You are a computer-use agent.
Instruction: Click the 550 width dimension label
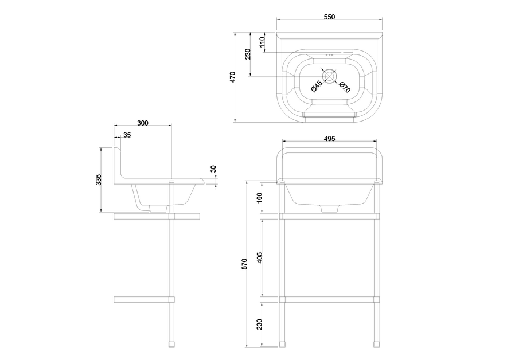[329, 17]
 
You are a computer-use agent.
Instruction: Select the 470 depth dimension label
[232, 77]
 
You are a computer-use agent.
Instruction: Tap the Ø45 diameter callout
[317, 85]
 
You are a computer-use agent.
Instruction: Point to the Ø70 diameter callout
[345, 87]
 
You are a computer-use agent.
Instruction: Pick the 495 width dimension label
[329, 139]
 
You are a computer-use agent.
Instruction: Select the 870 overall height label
[244, 264]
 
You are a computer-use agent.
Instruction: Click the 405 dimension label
[259, 257]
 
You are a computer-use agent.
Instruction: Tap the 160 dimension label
[259, 198]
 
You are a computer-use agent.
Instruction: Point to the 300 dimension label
[142, 123]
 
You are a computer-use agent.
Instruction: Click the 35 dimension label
[127, 135]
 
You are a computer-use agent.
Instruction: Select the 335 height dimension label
[99, 180]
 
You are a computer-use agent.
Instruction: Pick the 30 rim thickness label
[213, 169]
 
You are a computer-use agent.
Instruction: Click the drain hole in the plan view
[329, 76]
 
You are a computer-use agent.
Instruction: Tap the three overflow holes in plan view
[329, 55]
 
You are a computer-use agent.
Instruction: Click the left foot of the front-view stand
[283, 345]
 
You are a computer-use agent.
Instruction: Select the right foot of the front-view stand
[376, 345]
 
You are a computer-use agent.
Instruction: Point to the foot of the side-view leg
[171, 345]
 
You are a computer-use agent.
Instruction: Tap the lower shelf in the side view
[144, 300]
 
